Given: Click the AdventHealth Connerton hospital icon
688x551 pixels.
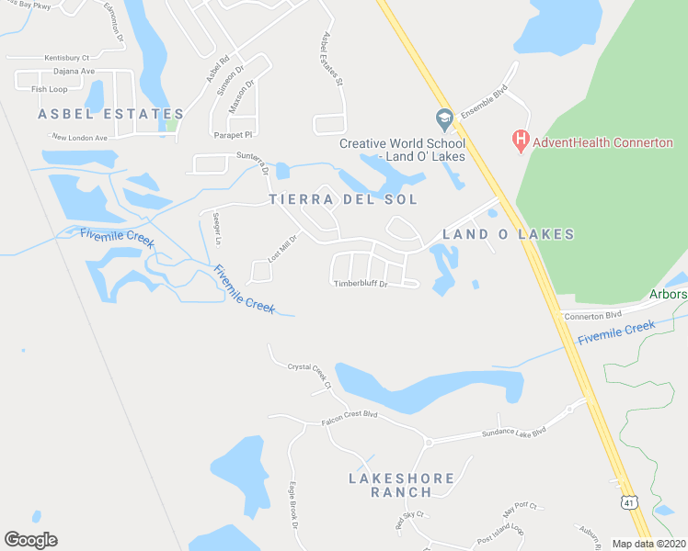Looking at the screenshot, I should click(520, 141).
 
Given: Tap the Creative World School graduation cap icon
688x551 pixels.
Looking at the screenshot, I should click(444, 119).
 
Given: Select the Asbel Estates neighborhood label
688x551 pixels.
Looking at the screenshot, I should click(110, 114).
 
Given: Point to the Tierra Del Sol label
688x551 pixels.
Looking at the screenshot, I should click(343, 199).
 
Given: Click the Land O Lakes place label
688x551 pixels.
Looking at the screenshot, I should click(509, 234).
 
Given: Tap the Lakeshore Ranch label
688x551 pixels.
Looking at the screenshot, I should click(401, 485).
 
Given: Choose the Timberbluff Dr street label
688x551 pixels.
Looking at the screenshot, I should click(361, 284).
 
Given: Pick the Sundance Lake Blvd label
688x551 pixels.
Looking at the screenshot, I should click(514, 432).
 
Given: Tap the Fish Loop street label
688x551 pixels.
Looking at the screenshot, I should click(50, 89).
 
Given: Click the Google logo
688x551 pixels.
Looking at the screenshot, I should click(30, 540).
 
